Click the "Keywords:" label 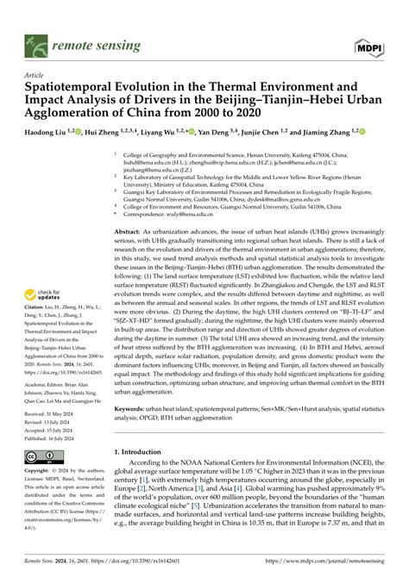click(x=134, y=407)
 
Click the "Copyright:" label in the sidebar click(x=37, y=472)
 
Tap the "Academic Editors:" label click(x=51, y=383)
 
